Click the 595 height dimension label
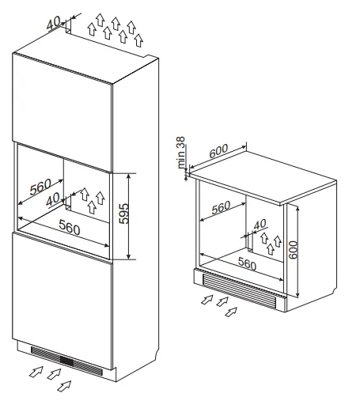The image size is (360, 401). click(123, 214)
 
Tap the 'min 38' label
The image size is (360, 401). click(181, 152)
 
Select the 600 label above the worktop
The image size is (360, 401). click(218, 151)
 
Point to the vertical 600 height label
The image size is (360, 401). click(293, 250)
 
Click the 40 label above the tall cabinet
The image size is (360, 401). click(53, 23)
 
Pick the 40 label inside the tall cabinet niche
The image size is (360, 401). click(53, 199)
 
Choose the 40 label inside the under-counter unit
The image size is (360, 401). click(260, 225)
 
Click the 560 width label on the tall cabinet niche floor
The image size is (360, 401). click(69, 227)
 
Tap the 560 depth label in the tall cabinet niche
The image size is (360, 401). click(40, 187)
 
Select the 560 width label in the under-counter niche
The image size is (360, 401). click(247, 263)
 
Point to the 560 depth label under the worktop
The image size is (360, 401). click(221, 207)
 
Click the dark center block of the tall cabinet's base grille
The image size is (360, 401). click(66, 361)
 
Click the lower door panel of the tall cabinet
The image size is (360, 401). click(63, 301)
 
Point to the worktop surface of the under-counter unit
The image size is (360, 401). click(263, 177)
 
